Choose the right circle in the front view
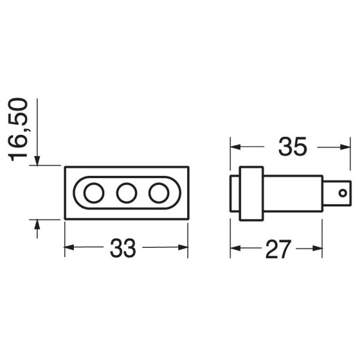click(x=158, y=193)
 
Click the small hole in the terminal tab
click(x=343, y=193)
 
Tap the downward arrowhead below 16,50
click(x=37, y=160)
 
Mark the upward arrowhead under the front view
click(x=37, y=225)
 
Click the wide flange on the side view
click(x=251, y=193)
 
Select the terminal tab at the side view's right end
click(x=337, y=193)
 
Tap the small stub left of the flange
click(x=235, y=193)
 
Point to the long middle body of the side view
click(x=293, y=193)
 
